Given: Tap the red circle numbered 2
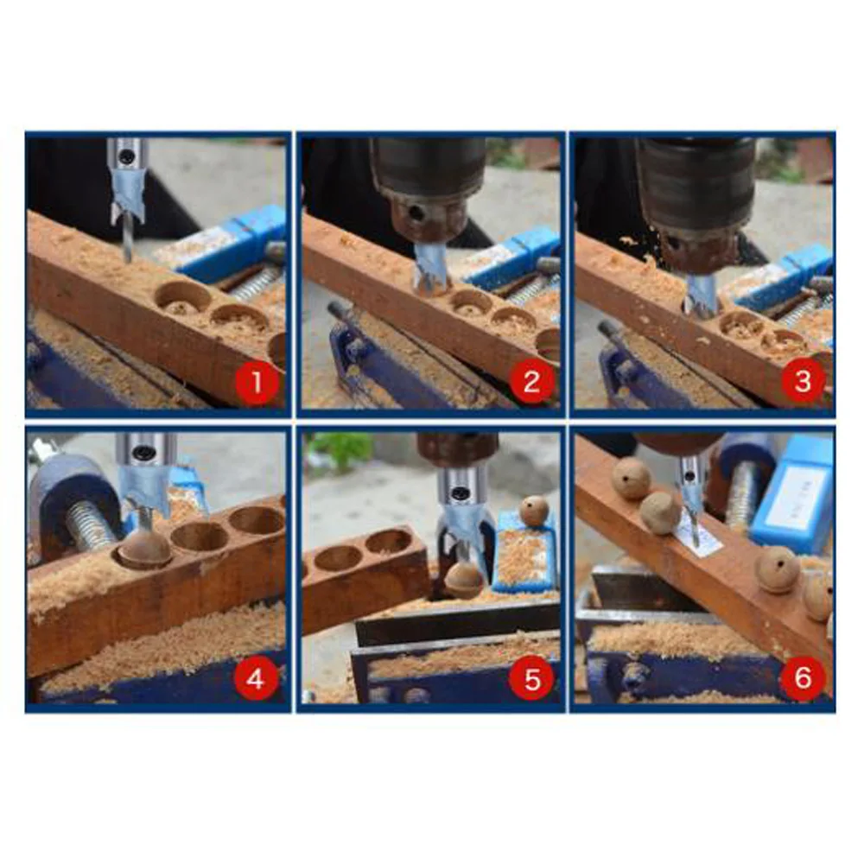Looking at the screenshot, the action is tap(530, 381).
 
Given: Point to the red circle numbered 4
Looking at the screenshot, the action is tap(255, 678).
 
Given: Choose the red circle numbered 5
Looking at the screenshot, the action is tap(531, 678).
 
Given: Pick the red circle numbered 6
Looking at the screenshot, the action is tap(803, 677).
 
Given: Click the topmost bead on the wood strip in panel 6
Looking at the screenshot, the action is tap(631, 478).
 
